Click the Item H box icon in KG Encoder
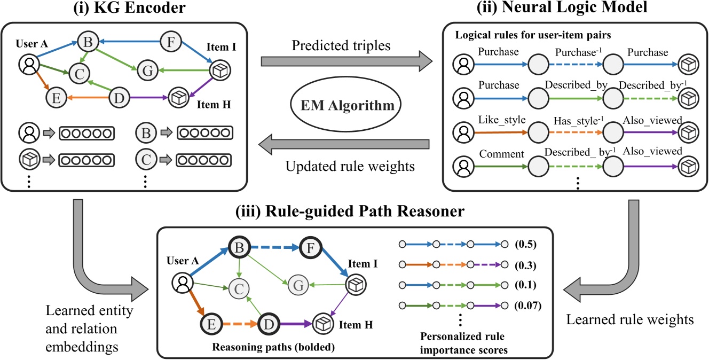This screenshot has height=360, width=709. pyautogui.click(x=178, y=98)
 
